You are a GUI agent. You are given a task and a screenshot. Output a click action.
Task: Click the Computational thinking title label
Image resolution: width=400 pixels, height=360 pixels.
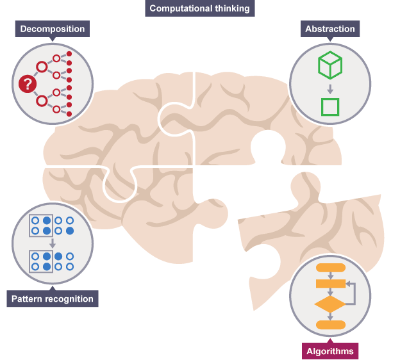pos(199,9)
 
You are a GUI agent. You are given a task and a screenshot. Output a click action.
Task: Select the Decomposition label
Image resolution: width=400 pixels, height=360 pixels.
pos(52,29)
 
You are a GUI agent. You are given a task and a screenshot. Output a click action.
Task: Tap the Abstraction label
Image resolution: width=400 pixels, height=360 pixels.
pos(330,29)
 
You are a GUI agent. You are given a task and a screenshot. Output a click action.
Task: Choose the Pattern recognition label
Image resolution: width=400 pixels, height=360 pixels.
pos(53,299)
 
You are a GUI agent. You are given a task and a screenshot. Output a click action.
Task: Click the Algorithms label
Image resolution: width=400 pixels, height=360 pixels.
pos(330,351)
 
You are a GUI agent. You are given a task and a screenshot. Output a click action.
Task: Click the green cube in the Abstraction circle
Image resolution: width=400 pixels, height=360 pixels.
pos(330,64)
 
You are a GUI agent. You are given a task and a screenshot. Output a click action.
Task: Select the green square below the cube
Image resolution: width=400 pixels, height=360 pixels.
pos(330,106)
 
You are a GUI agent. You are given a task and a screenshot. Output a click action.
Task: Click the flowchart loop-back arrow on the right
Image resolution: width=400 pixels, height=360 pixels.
pos(352,292)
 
